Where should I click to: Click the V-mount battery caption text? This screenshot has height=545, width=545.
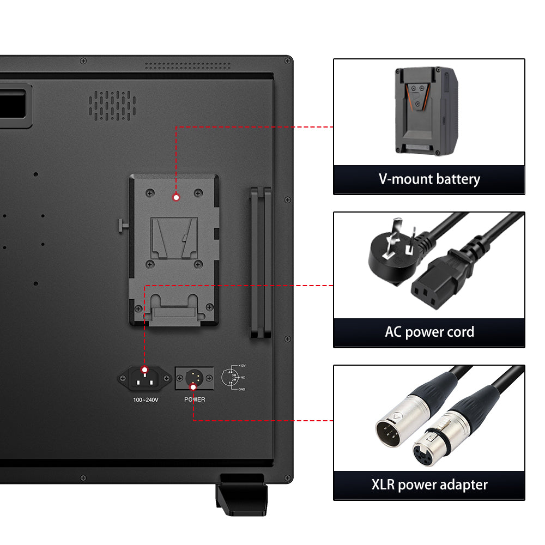pyautogui.click(x=429, y=179)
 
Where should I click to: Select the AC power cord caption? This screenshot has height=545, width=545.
pyautogui.click(x=429, y=332)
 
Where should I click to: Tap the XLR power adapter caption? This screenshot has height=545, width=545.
pyautogui.click(x=429, y=485)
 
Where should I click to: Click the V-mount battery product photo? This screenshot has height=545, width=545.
pyautogui.click(x=427, y=111)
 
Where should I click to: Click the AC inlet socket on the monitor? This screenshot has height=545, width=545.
pyautogui.click(x=144, y=379)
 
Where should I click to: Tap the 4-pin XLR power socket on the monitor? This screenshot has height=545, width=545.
pyautogui.click(x=195, y=378)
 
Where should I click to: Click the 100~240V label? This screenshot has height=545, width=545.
pyautogui.click(x=146, y=400)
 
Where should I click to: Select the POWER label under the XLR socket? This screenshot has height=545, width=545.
pyautogui.click(x=195, y=399)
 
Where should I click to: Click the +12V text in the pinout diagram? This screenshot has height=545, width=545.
pyautogui.click(x=242, y=366)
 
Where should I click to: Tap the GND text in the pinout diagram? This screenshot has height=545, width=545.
pyautogui.click(x=241, y=389)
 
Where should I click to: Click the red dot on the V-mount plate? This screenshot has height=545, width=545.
pyautogui.click(x=176, y=197)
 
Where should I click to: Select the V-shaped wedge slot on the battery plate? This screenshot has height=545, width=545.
pyautogui.click(x=174, y=239)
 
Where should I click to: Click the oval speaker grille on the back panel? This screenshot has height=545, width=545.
pyautogui.click(x=112, y=106)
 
